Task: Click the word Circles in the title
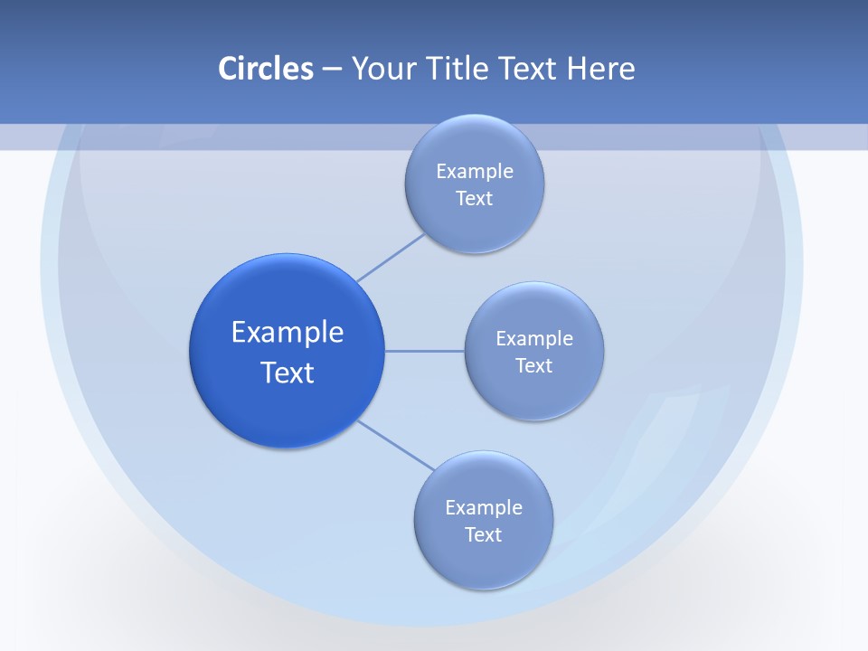(266, 69)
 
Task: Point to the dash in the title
(332, 70)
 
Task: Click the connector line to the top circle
(391, 258)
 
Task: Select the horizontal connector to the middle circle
(424, 351)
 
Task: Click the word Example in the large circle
(288, 333)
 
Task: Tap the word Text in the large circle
(288, 373)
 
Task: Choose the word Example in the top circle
(475, 172)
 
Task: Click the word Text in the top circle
(475, 199)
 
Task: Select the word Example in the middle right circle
(534, 339)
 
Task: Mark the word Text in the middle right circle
(534, 366)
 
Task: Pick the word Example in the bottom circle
(484, 508)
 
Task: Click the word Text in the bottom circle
(484, 535)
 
